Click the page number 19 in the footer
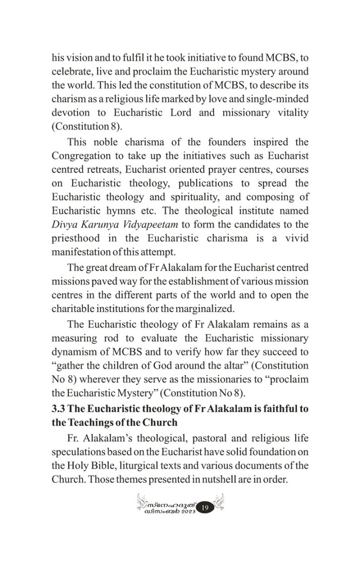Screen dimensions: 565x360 (x=205, y=508)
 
